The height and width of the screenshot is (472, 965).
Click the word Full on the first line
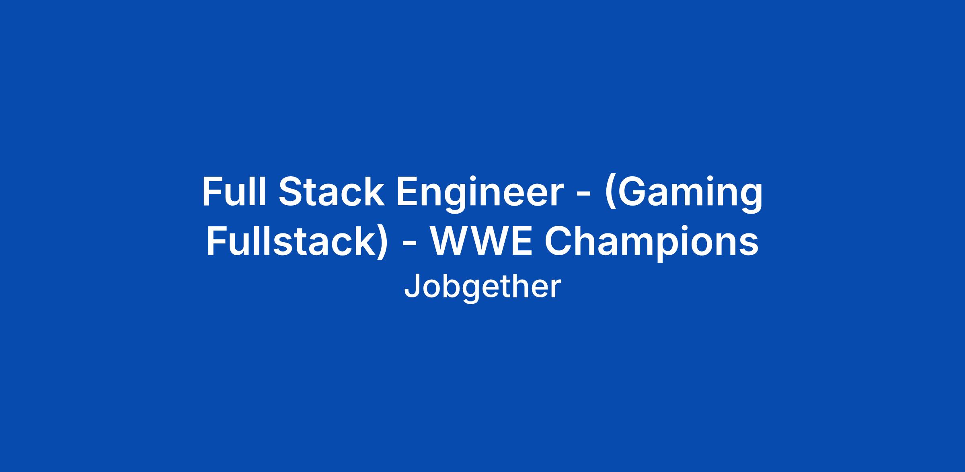[x=234, y=192]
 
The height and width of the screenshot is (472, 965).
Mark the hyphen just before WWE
[x=410, y=245]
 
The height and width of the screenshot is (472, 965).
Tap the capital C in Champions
[x=559, y=241]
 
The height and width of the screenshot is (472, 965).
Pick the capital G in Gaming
[x=634, y=192]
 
